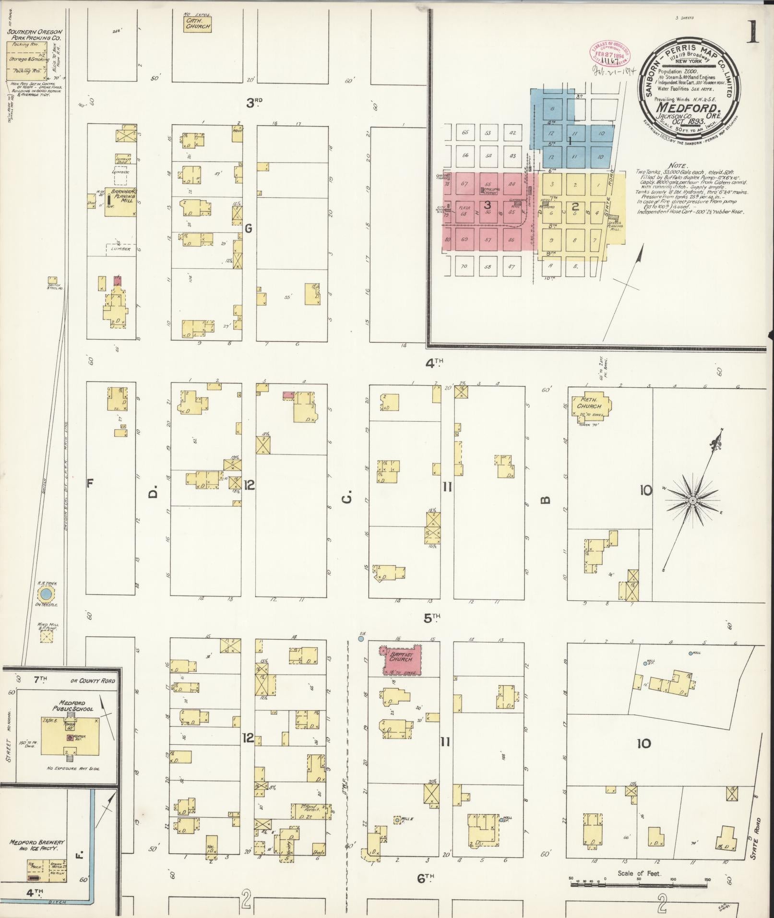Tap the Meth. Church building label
[589, 403]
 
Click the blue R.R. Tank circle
[46, 595]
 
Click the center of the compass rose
[692, 501]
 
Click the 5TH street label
[431, 619]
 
